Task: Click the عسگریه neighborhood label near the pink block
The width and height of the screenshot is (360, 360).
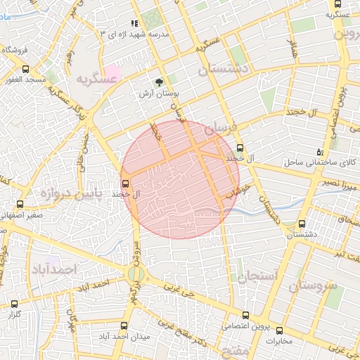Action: (x=96, y=78)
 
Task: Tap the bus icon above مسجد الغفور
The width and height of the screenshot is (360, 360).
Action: (x=26, y=69)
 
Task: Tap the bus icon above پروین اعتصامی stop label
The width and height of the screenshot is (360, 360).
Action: (x=245, y=315)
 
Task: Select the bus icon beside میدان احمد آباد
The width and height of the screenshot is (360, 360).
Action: (x=124, y=326)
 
